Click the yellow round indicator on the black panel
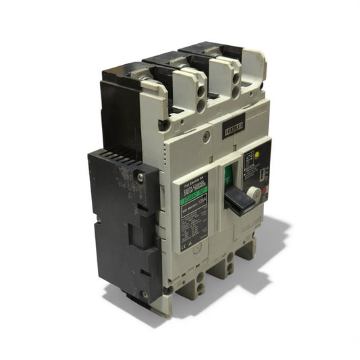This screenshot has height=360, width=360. pyautogui.click(x=257, y=155)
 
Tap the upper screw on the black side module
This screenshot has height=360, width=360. pyautogui.click(x=140, y=178)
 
